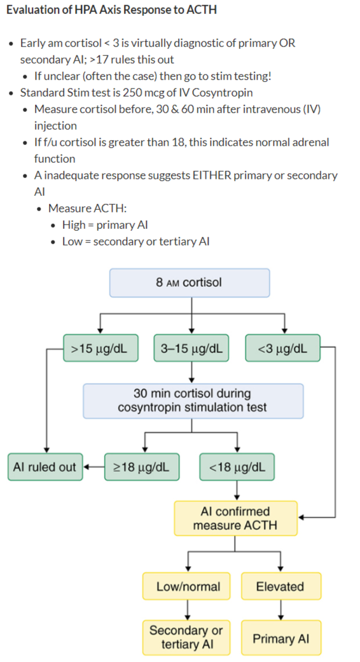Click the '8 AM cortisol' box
pyautogui.click(x=190, y=282)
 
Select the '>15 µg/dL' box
pyautogui.click(x=100, y=348)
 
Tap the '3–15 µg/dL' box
pyautogui.click(x=191, y=348)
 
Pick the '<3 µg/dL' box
pyautogui.click(x=283, y=348)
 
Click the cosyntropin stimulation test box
pyautogui.click(x=193, y=401)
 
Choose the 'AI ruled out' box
pyautogui.click(x=45, y=467)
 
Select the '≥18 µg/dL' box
pyautogui.click(x=142, y=467)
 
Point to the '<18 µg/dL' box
pyautogui.click(x=237, y=467)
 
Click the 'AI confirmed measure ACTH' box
pyautogui.click(x=236, y=518)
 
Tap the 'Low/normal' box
pyautogui.click(x=186, y=586)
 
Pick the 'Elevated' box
pyautogui.click(x=281, y=586)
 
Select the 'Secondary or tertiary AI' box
pyautogui.click(x=186, y=637)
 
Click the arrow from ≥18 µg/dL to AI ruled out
pyautogui.click(x=93, y=467)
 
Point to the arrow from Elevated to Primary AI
pyautogui.click(x=281, y=610)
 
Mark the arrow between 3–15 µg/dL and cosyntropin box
pyautogui.click(x=191, y=373)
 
